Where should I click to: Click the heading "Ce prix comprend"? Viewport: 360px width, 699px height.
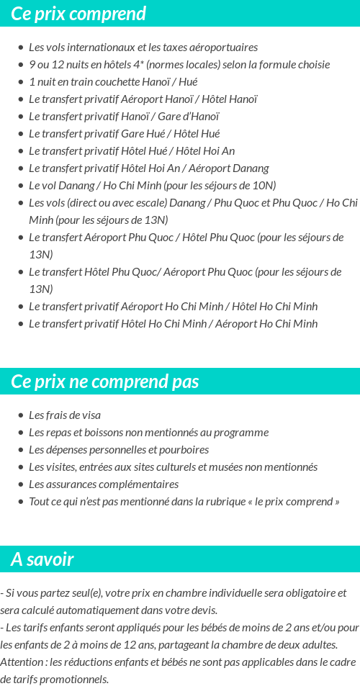tap(78, 14)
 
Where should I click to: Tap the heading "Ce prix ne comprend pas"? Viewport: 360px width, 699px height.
tap(104, 382)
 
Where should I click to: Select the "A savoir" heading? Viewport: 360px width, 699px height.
tap(42, 559)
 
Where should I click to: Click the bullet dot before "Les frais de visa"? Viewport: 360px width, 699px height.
tap(21, 415)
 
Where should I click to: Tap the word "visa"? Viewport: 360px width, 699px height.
tap(89, 415)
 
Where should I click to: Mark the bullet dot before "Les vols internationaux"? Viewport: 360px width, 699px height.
tap(21, 48)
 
